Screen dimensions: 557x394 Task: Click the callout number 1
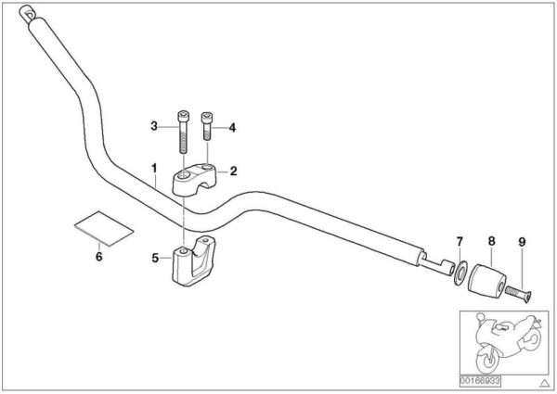click(x=154, y=169)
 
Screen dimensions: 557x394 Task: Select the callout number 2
click(x=233, y=172)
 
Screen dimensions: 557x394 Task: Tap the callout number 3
click(x=154, y=126)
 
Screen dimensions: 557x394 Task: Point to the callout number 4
click(x=232, y=128)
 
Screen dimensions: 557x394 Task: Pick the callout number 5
click(x=155, y=258)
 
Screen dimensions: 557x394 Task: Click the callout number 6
click(x=98, y=257)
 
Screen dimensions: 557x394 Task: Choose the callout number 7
click(x=460, y=242)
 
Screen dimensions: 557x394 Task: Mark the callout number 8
click(x=491, y=242)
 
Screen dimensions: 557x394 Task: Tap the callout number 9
click(x=522, y=242)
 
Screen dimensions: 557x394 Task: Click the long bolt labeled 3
click(x=183, y=132)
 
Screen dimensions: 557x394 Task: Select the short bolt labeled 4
click(x=207, y=126)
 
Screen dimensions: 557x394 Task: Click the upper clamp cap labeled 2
click(x=195, y=178)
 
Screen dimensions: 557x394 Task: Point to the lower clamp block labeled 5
click(x=194, y=261)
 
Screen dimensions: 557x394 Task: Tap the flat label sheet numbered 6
click(x=104, y=229)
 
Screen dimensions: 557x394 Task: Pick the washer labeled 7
click(x=460, y=273)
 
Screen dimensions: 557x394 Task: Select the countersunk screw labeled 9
click(x=519, y=294)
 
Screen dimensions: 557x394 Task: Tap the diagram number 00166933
click(x=480, y=381)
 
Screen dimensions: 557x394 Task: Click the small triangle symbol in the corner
click(x=545, y=383)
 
